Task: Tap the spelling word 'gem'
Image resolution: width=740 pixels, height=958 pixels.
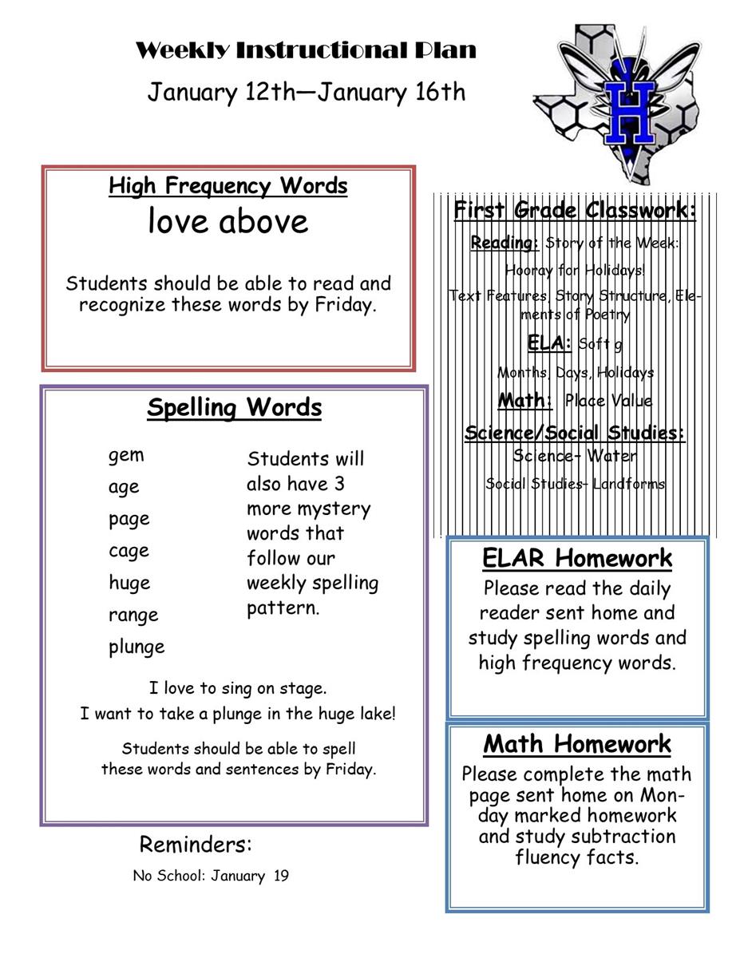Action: [126, 455]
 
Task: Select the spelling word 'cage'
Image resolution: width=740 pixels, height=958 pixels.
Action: [129, 551]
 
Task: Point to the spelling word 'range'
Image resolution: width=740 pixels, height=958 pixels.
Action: [133, 615]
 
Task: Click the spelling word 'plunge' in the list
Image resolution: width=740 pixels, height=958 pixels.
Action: [137, 647]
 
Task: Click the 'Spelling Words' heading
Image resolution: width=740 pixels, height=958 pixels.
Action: [234, 408]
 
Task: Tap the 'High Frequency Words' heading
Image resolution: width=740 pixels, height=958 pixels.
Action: [228, 186]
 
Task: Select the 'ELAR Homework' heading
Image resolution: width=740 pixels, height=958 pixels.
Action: [577, 558]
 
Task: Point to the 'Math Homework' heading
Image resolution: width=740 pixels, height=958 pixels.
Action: [577, 744]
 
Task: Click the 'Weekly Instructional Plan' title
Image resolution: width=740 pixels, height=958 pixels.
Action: [306, 51]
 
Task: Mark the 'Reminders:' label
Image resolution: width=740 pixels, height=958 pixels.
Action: [196, 844]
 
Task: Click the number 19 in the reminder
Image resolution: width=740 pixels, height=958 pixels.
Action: [280, 876]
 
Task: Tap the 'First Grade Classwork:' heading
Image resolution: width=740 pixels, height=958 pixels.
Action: [575, 211]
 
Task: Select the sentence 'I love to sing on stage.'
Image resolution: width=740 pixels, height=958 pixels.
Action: [238, 688]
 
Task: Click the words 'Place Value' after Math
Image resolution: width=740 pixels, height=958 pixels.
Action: [607, 401]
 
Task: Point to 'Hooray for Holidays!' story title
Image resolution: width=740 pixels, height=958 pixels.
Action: [575, 270]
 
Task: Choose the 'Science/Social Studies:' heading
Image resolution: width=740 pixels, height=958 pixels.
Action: [575, 433]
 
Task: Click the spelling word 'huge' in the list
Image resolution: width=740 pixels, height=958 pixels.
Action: [129, 583]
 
